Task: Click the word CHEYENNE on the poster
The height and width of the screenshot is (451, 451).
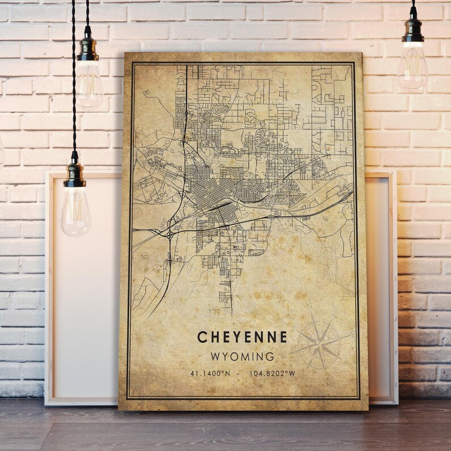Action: coord(242,337)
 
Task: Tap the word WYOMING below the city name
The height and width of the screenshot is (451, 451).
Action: coord(242,357)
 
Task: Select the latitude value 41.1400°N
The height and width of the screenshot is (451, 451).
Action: coord(211,373)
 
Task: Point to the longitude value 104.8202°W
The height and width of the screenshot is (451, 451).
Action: coord(273,373)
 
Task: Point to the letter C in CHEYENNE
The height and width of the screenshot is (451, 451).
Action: coord(202,337)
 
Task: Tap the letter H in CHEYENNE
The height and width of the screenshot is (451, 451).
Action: coord(214,337)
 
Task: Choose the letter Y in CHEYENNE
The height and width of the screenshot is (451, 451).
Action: coord(237,337)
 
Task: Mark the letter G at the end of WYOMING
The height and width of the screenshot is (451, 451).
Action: coord(270,357)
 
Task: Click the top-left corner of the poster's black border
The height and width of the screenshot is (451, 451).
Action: coord(132,64)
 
